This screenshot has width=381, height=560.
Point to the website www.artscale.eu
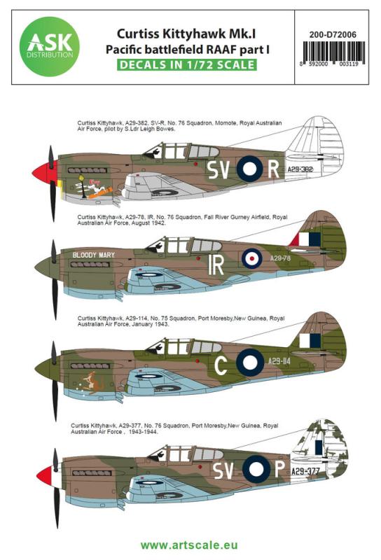tap(190, 543)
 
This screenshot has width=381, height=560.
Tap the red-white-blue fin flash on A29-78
tap(305, 239)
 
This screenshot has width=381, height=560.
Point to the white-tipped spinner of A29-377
tap(46, 476)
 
